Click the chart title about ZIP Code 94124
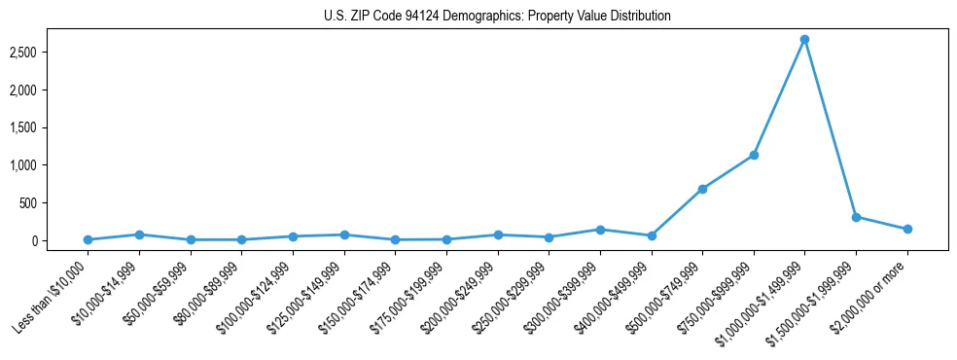(497, 17)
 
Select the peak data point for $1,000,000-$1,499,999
(804, 40)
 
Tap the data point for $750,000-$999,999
(754, 155)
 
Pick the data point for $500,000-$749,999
(702, 189)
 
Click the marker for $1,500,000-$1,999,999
(856, 217)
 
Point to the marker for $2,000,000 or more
(907, 229)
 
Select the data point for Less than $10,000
(88, 239)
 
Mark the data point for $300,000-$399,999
(600, 230)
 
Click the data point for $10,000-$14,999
(139, 234)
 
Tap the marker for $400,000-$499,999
(652, 235)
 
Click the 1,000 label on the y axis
(35, 165)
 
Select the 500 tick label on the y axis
(40, 203)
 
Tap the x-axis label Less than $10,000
(53, 292)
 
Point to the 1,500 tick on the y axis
(35, 127)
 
